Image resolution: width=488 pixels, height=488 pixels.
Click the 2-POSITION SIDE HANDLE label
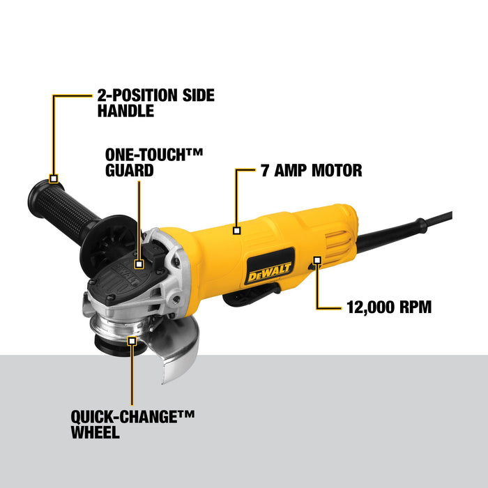[x=156, y=102]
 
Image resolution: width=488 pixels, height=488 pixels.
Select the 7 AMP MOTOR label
[x=312, y=170]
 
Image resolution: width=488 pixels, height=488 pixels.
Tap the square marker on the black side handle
[x=54, y=178]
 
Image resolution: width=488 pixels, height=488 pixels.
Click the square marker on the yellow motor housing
[x=237, y=229]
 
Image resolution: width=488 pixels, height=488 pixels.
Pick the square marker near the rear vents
[x=317, y=260]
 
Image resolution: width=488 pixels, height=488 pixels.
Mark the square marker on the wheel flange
[x=132, y=340]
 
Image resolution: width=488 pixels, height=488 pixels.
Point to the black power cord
[x=411, y=229]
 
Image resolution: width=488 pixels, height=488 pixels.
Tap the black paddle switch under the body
[x=244, y=299]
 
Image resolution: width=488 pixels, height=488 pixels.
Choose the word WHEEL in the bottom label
[x=96, y=432]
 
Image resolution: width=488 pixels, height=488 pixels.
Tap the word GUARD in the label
[x=129, y=169]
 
